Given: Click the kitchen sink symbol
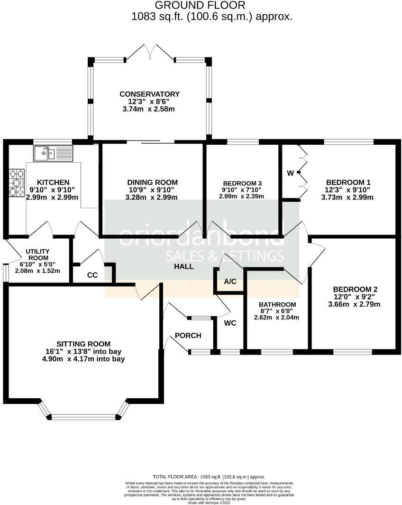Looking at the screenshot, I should coord(53,153).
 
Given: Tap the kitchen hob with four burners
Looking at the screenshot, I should coord(17,183).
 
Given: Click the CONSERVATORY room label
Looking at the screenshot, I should coord(149,94).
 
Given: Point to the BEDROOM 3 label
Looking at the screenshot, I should coord(243,183).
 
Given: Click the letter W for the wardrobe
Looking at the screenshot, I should coord(290,173).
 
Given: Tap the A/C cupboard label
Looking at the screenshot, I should coord(230,281).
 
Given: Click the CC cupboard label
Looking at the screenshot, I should coord(92,275).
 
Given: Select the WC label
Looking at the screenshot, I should coord(230,323).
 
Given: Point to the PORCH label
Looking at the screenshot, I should coord(188,336).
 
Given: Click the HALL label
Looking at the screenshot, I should coord(183,267).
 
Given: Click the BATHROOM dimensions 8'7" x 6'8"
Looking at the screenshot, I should coord(277,311).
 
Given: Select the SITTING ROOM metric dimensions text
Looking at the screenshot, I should coord(83,359).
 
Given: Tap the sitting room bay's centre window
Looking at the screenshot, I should coord(83,417).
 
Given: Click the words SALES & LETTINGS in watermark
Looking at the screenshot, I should coord(225,256).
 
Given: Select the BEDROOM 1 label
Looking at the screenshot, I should coord(347,182).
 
